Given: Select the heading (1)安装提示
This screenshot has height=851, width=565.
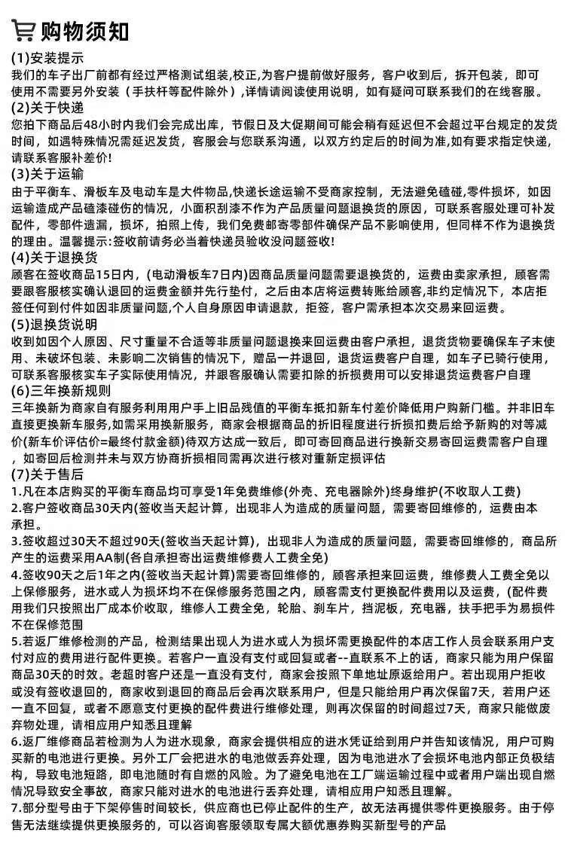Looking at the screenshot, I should [47, 58].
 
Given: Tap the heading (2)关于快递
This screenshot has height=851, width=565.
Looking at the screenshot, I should [47, 107].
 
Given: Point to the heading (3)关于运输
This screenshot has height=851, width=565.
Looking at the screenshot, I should [47, 173].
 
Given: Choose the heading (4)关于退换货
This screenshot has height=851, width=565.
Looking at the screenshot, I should [54, 258].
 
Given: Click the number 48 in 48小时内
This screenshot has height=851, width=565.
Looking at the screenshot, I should [93, 124].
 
